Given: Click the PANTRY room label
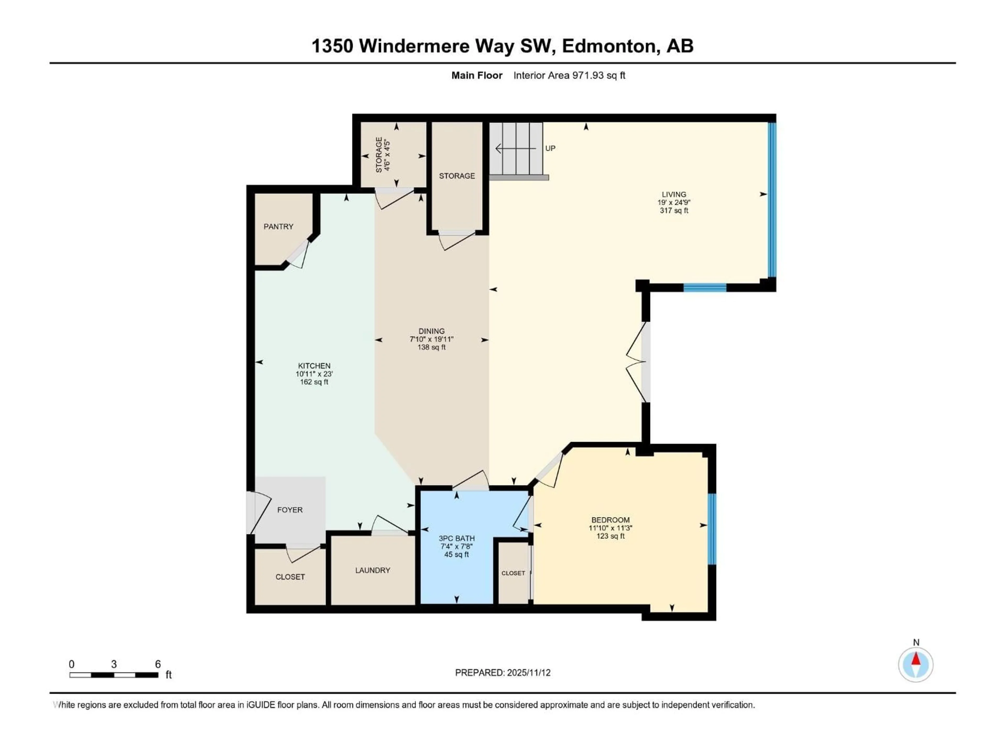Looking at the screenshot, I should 278,226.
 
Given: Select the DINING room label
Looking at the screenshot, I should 431,331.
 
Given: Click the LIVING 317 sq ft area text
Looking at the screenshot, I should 674,210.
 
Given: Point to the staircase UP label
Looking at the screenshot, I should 550,148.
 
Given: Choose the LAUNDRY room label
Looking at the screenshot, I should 373,570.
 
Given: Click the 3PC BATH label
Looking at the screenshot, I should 457,538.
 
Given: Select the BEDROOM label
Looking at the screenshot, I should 610,519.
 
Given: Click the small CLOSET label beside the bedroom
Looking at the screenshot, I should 513,573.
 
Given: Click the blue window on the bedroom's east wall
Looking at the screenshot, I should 712,529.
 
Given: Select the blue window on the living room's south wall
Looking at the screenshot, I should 705,287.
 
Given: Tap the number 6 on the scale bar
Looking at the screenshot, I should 158,664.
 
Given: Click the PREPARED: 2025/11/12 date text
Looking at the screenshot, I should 502,673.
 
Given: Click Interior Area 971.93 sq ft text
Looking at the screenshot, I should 569,75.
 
